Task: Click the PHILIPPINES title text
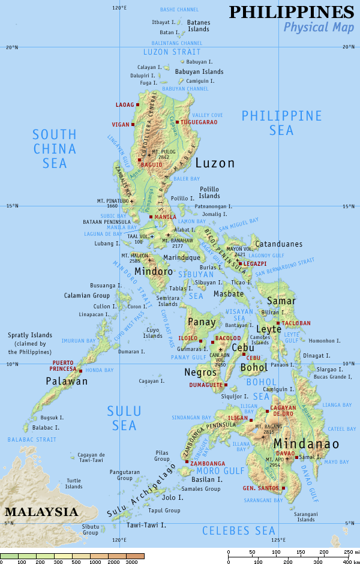pos(292,11)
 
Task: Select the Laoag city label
pos(125,105)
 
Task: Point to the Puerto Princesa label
pos(64,365)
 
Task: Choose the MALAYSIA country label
pos(41,512)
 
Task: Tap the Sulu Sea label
pos(124,418)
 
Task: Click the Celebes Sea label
pos(238,530)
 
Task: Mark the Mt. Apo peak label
pos(274,462)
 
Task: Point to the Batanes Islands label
pos(199,25)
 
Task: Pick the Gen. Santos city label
pos(261,488)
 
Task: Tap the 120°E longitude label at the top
pos(119,8)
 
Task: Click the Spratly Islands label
pos(29,343)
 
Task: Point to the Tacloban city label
pos(297,323)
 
